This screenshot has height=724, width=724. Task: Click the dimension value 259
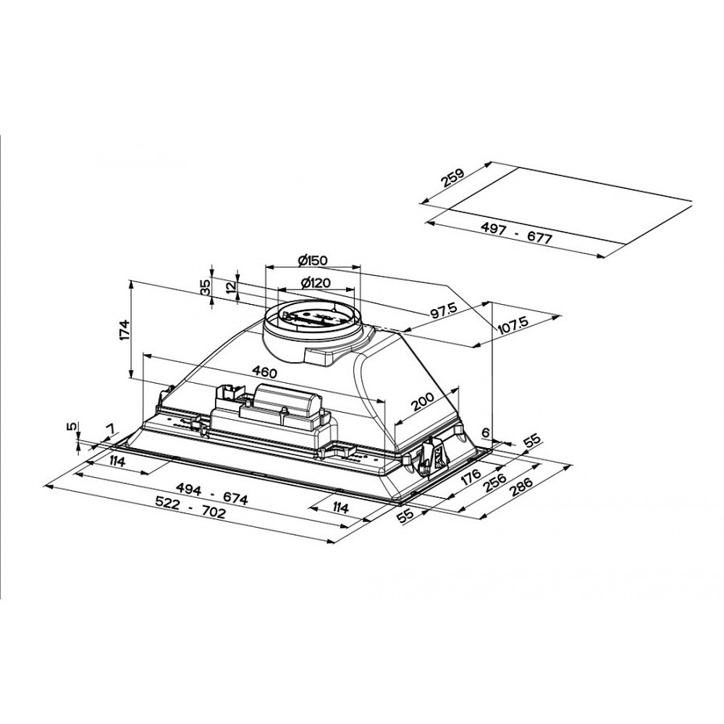click(x=453, y=178)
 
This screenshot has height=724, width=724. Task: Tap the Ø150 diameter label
click(x=313, y=261)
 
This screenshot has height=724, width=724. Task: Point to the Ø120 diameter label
click(x=316, y=282)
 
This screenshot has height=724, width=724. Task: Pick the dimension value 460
click(x=264, y=372)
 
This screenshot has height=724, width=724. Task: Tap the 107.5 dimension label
click(x=513, y=325)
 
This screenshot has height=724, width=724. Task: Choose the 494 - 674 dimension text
click(x=213, y=494)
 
